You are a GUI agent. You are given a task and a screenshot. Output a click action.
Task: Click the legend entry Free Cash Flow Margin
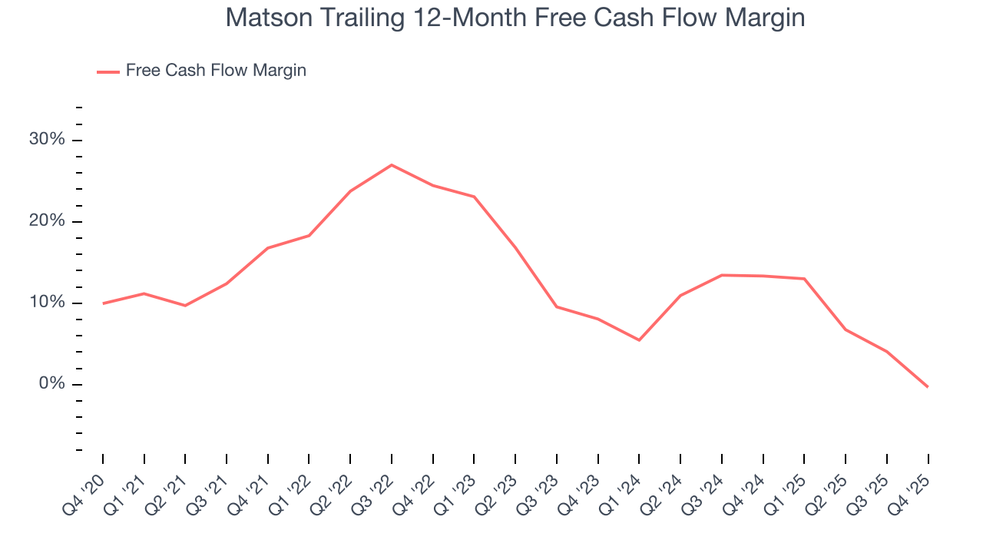pyautogui.click(x=216, y=71)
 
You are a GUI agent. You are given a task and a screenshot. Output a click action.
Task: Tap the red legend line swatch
pyautogui.click(x=108, y=71)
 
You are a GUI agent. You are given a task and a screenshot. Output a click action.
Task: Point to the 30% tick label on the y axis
pyautogui.click(x=47, y=140)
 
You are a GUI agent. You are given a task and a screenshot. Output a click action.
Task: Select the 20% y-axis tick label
pyautogui.click(x=47, y=221)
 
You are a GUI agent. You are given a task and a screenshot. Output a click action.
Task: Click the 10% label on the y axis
pyautogui.click(x=47, y=303)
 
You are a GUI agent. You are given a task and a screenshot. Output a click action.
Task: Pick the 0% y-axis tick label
pyautogui.click(x=51, y=384)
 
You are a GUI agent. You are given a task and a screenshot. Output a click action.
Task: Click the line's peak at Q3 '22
pyautogui.click(x=392, y=165)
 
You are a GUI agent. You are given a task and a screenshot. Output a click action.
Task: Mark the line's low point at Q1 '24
pyautogui.click(x=639, y=340)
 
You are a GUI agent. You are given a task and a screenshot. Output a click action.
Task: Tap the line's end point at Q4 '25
pyautogui.click(x=928, y=386)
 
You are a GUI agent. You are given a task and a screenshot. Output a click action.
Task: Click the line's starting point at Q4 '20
pyautogui.click(x=103, y=303)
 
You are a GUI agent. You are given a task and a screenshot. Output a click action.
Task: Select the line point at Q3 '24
pyautogui.click(x=722, y=275)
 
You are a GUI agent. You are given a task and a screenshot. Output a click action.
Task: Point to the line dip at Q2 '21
pyautogui.click(x=185, y=306)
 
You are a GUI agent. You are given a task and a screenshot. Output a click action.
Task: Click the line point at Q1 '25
pyautogui.click(x=804, y=279)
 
